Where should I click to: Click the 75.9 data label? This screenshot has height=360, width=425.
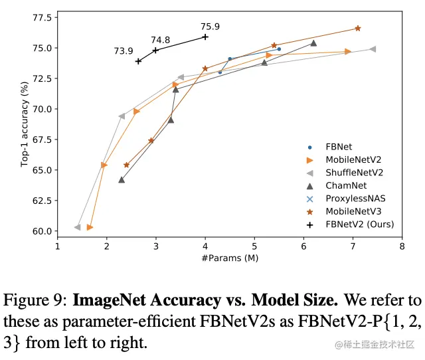click(x=210, y=27)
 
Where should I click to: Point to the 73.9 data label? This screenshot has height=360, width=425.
click(x=124, y=51)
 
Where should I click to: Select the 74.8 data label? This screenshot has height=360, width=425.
click(x=160, y=40)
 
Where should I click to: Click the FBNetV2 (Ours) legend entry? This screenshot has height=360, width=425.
click(x=359, y=224)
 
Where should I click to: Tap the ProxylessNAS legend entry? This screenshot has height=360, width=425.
click(x=355, y=198)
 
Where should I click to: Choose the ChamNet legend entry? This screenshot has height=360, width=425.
click(x=346, y=185)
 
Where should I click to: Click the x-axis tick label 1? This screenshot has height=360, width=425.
click(x=57, y=246)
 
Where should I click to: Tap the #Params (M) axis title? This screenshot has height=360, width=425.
click(x=230, y=257)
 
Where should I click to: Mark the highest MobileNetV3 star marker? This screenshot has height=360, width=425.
click(x=358, y=28)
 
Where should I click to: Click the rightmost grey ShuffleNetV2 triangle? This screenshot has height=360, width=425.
click(x=373, y=48)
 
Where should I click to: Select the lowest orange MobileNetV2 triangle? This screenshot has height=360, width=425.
click(x=90, y=227)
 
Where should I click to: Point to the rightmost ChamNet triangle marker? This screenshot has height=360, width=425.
click(x=313, y=43)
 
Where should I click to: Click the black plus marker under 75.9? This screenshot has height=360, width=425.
click(x=205, y=37)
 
